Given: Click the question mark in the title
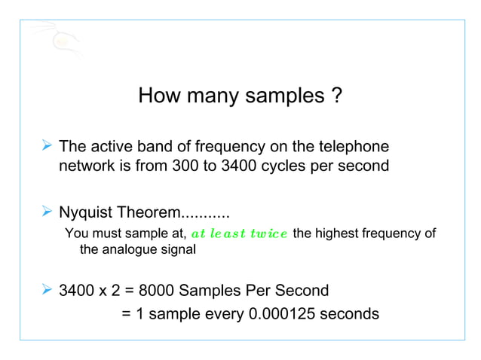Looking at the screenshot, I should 338,96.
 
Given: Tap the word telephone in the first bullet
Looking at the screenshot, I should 354,145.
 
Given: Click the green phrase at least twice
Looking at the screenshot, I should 239,233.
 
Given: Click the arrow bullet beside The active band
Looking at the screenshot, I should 47,145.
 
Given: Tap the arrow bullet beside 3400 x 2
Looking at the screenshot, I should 47,290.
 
